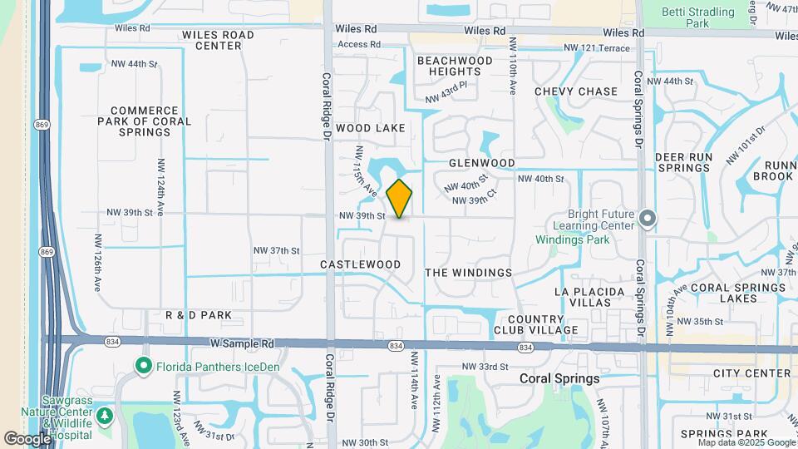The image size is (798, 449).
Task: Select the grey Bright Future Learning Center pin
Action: click(648, 220)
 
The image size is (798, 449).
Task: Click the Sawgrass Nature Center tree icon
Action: click(105, 415)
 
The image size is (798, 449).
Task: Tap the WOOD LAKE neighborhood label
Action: click(371, 128)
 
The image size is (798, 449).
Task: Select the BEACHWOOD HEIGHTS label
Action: click(455, 67)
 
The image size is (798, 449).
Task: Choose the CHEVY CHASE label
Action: click(576, 91)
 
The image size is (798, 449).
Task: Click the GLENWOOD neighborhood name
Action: click(482, 163)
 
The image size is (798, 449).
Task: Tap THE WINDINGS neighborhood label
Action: click(468, 273)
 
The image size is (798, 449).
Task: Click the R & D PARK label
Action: click(198, 316)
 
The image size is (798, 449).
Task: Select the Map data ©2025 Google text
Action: click(747, 442)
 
